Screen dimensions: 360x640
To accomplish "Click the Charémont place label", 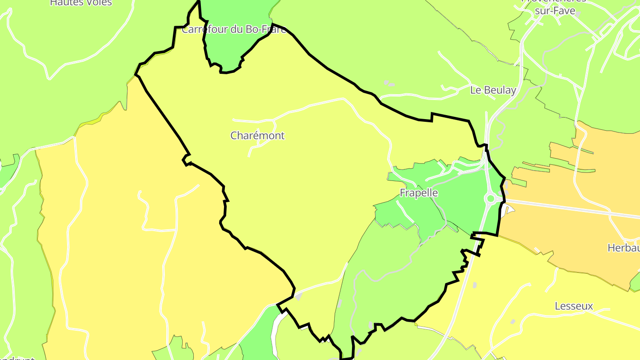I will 257,136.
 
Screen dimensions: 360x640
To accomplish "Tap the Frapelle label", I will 419,193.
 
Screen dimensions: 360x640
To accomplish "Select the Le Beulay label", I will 493,90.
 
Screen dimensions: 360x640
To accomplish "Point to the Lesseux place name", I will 574,306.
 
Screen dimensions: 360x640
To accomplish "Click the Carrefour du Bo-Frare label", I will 234,30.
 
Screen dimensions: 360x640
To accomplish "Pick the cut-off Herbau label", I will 623,248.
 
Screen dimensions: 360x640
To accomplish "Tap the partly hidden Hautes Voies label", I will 81,3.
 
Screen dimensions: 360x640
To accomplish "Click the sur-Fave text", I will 555,11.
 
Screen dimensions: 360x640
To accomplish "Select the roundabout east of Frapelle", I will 490,198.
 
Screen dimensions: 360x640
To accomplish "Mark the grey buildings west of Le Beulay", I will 388,83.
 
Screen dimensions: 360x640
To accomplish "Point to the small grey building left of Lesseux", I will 513,321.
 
